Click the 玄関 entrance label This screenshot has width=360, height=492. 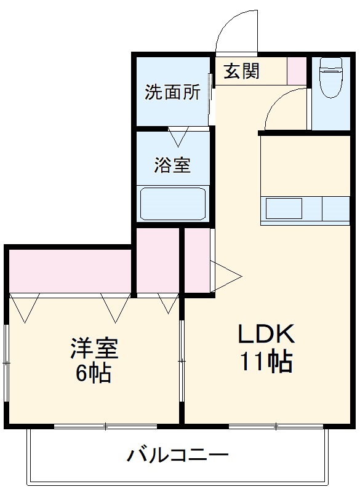(x=241, y=71)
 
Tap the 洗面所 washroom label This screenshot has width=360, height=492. (x=172, y=92)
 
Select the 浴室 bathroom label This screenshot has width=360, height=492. (x=172, y=165)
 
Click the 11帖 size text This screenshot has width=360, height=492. (x=266, y=363)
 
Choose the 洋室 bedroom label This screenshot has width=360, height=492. (x=94, y=349)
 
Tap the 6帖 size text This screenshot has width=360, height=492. (x=94, y=373)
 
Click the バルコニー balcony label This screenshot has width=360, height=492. (x=178, y=456)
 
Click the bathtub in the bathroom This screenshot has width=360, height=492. (x=173, y=204)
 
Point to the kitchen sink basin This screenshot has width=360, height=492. (x=283, y=208)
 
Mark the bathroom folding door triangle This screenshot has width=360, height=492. (x=178, y=136)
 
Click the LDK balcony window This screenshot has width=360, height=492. (x=276, y=426)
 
